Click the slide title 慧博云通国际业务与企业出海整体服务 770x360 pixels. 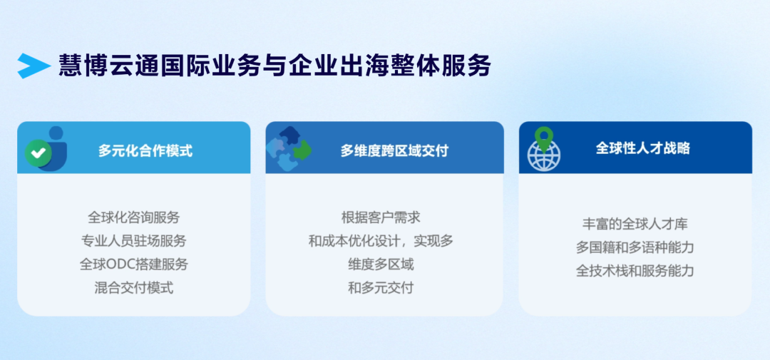point(275,66)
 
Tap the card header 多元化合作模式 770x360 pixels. point(145,150)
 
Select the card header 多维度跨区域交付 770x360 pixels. point(394,150)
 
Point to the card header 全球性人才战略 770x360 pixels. point(643,148)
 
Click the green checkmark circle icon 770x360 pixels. point(38,153)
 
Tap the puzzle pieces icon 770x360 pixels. point(289,148)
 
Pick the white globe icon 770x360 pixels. point(543,155)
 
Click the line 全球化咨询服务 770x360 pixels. point(134,217)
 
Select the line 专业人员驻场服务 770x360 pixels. point(134,241)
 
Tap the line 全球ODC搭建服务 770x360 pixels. point(134,264)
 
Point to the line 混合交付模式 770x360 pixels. point(134,288)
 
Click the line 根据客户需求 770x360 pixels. point(381,217)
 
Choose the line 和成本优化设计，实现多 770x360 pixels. point(381,241)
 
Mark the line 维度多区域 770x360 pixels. point(381,264)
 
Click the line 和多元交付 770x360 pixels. point(381,288)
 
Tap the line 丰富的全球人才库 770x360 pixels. point(635,224)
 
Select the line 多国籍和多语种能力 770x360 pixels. point(635,247)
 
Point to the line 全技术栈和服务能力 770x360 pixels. point(635,271)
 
